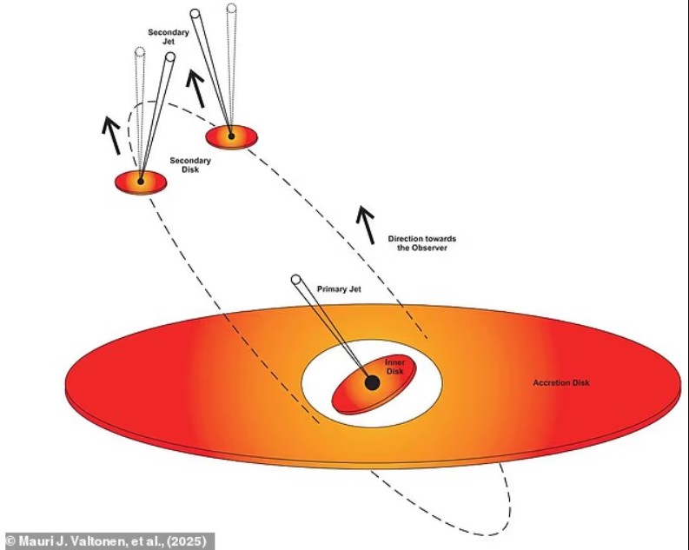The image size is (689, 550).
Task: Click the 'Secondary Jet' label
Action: (x=169, y=36)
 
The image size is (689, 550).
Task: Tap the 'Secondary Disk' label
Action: (x=190, y=165)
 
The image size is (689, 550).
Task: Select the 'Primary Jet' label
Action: (x=339, y=289)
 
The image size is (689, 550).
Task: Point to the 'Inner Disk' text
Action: (x=394, y=367)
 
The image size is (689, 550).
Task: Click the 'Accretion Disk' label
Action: (x=561, y=382)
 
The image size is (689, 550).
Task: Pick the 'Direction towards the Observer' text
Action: (x=422, y=243)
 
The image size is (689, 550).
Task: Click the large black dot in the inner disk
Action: (x=372, y=382)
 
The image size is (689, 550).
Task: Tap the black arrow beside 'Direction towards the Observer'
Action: (x=366, y=224)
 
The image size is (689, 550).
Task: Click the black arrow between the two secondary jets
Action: (x=195, y=89)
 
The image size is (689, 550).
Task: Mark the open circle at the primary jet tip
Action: (x=296, y=279)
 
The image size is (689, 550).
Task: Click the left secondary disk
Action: (x=141, y=182)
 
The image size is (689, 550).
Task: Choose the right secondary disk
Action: (x=232, y=137)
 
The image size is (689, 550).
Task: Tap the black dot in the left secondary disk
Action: (x=141, y=181)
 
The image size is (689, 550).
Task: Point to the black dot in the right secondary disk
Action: (x=232, y=136)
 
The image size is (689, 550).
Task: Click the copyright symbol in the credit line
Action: (x=11, y=540)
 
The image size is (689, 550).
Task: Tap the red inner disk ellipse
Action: (x=374, y=384)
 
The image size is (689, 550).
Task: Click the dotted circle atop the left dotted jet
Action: (x=140, y=51)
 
